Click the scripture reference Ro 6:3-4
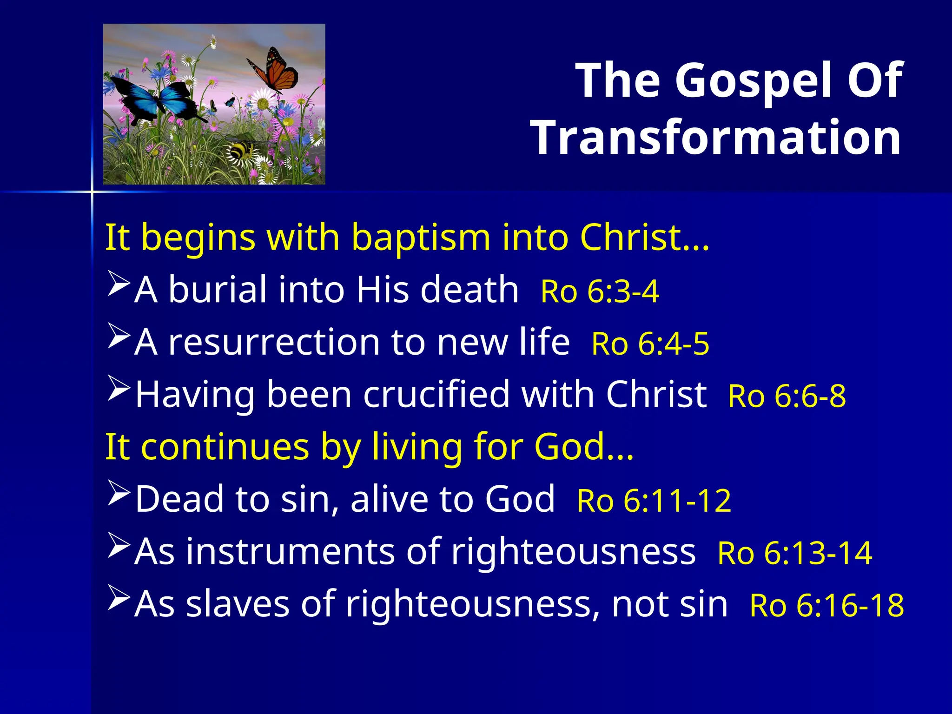pyautogui.click(x=600, y=292)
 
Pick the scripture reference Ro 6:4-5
pyautogui.click(x=650, y=344)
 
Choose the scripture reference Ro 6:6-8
pyautogui.click(x=787, y=397)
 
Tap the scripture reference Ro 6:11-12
pyautogui.click(x=654, y=501)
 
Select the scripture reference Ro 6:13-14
pyautogui.click(x=794, y=553)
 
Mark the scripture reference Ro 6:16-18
pyautogui.click(x=826, y=606)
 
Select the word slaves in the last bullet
pyautogui.click(x=238, y=604)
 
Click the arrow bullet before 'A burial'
pyautogui.click(x=118, y=284)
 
